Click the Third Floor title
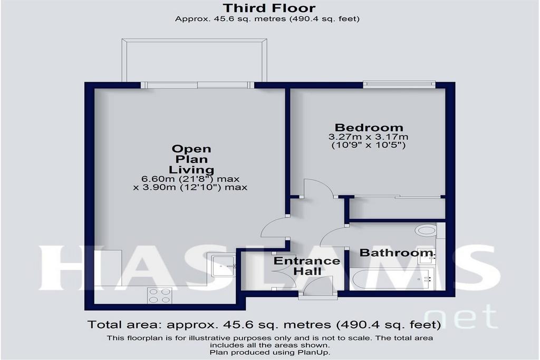(x=269, y=7)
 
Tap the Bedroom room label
(x=369, y=128)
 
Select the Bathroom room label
(x=396, y=253)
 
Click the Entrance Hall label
(x=306, y=266)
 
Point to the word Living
(x=191, y=170)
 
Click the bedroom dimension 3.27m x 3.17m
(x=369, y=137)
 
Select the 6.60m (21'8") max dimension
(x=190, y=179)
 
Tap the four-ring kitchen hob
(x=159, y=296)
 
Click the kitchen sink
(x=224, y=265)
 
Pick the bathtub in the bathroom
(x=392, y=279)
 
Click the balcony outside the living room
(x=194, y=60)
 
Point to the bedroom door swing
(x=319, y=188)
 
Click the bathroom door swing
(x=334, y=236)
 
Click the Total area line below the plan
(x=264, y=325)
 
